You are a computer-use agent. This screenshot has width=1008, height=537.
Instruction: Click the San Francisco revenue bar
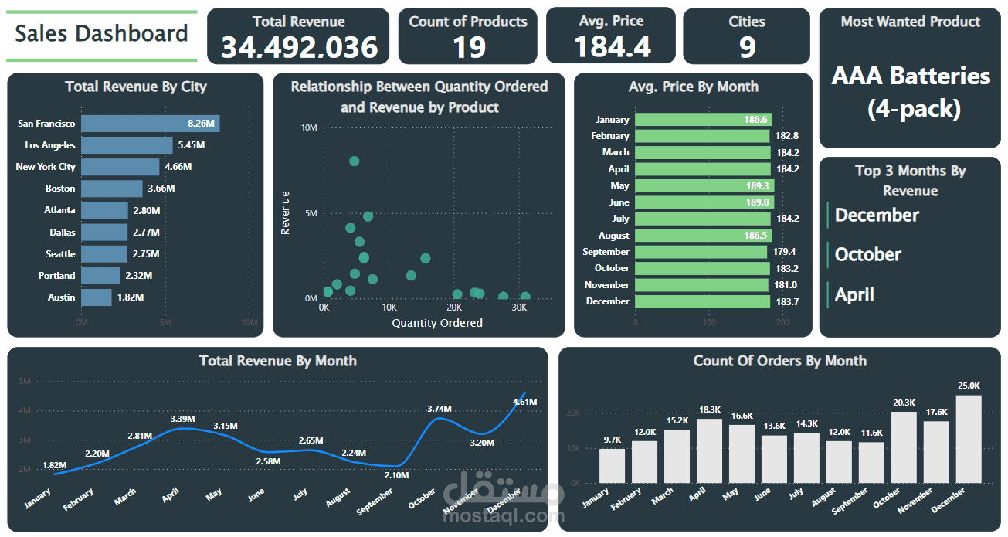tap(150, 124)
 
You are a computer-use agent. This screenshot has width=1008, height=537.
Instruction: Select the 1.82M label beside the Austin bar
tap(131, 297)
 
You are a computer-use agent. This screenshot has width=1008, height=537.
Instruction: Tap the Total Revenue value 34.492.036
tap(299, 48)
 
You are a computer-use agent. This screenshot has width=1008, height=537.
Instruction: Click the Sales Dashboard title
tap(101, 34)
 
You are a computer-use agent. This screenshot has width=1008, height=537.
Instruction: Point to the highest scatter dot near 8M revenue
tap(354, 161)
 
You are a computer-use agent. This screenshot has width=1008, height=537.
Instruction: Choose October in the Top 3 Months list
tap(867, 254)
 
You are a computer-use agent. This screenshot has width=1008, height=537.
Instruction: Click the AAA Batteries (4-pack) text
tap(911, 92)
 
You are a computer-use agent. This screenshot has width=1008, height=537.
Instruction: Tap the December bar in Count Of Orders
tap(969, 438)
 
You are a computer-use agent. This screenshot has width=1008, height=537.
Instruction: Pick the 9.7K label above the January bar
tap(613, 440)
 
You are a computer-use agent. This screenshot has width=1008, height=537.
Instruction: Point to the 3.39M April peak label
tap(183, 419)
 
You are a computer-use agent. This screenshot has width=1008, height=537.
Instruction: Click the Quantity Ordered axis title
tap(437, 323)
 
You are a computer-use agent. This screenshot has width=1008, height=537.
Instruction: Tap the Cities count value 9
tap(747, 48)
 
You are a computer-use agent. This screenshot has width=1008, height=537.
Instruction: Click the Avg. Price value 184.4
tap(612, 46)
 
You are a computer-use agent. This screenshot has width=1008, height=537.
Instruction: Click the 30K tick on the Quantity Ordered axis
tap(519, 308)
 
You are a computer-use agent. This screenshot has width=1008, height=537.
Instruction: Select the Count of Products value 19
tap(468, 48)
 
